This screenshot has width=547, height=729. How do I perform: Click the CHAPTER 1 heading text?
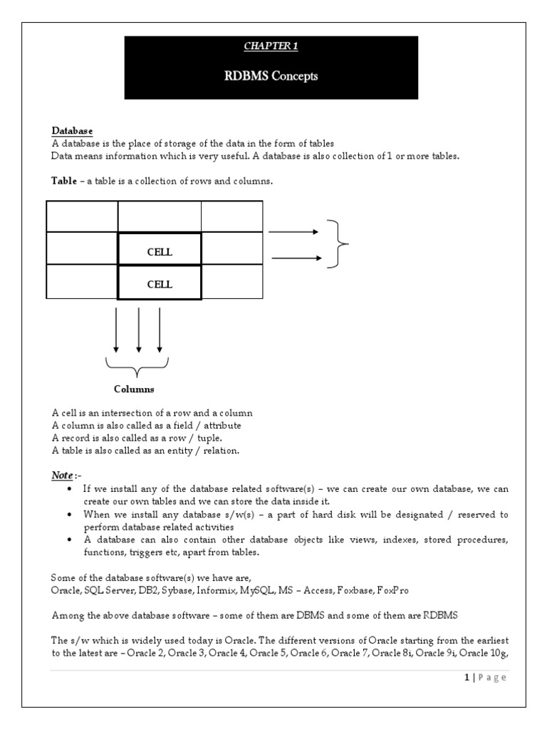pyautogui.click(x=271, y=46)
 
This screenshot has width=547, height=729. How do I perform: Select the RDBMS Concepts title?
pyautogui.click(x=271, y=76)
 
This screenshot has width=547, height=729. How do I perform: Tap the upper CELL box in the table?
pyautogui.click(x=160, y=252)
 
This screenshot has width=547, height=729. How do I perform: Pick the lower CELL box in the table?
pyautogui.click(x=160, y=284)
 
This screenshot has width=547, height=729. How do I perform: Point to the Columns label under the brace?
pyautogui.click(x=134, y=389)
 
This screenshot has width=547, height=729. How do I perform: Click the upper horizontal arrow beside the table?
pyautogui.click(x=294, y=231)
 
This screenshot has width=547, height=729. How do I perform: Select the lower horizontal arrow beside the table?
pyautogui.click(x=297, y=258)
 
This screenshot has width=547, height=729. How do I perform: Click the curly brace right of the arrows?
pyautogui.click(x=338, y=244)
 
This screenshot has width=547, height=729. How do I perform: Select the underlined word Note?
pyautogui.click(x=62, y=475)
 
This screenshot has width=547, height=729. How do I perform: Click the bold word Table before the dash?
pyautogui.click(x=64, y=182)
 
